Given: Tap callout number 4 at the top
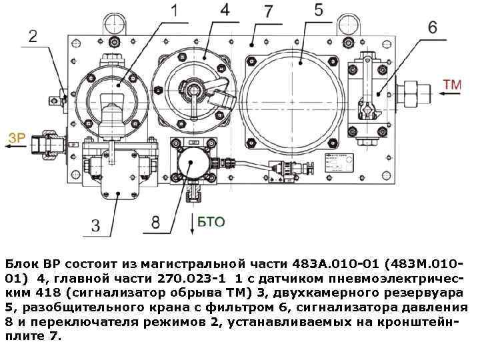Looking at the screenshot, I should [225, 10].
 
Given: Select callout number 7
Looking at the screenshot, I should [268, 11].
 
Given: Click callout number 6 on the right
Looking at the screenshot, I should [432, 28].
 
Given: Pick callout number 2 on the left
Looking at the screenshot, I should [33, 35].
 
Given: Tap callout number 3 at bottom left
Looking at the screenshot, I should [96, 225].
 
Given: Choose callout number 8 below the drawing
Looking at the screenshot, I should [155, 222].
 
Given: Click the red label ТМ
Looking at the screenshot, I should [452, 85].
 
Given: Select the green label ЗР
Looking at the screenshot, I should [17, 139].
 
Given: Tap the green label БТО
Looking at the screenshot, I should [211, 221].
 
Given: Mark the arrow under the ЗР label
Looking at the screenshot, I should [17, 147].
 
